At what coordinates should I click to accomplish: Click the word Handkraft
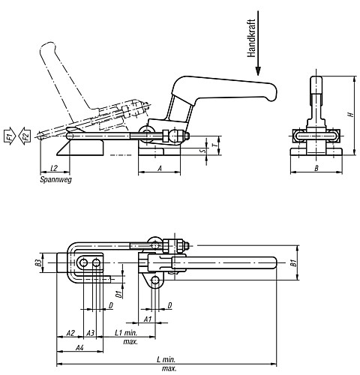(251, 38)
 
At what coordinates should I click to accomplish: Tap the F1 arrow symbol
(10, 136)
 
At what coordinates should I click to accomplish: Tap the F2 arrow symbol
(25, 136)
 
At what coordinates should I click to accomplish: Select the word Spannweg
(56, 179)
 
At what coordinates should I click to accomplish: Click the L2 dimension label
(54, 168)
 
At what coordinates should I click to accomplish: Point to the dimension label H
(351, 114)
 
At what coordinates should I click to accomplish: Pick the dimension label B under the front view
(316, 168)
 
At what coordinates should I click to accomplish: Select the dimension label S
(204, 151)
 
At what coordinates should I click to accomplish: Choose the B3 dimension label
(37, 262)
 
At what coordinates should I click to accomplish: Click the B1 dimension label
(294, 263)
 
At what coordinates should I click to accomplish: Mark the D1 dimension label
(119, 294)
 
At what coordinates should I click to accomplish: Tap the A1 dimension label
(148, 319)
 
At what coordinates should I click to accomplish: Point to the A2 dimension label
(70, 333)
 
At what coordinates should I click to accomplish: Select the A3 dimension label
(90, 333)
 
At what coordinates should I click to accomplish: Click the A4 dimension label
(79, 347)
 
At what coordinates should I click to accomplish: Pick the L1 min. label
(126, 333)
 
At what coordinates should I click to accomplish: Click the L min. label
(166, 360)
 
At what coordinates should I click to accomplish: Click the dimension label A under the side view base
(160, 168)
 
